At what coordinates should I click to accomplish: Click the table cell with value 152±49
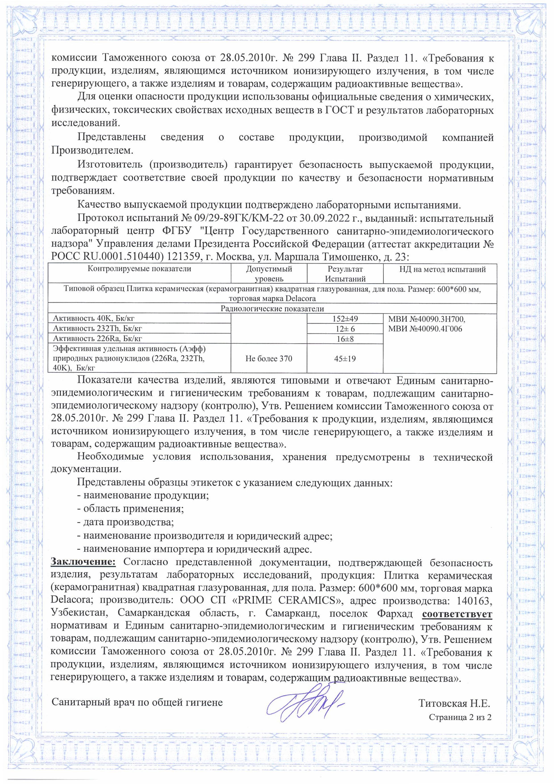coord(345,319)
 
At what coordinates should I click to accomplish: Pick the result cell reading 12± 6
coord(345,329)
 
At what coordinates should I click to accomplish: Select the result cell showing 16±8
coord(345,339)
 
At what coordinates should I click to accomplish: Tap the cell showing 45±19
coord(345,359)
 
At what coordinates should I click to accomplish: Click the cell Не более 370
coord(269,359)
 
